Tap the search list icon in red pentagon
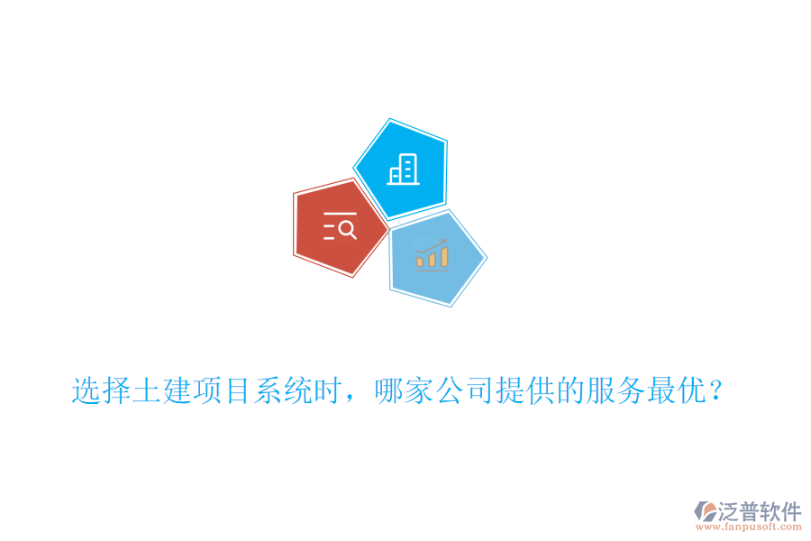340,228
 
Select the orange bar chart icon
432,255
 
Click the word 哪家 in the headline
403,391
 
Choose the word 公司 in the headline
462,391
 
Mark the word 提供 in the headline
522,391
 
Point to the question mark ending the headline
715,391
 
